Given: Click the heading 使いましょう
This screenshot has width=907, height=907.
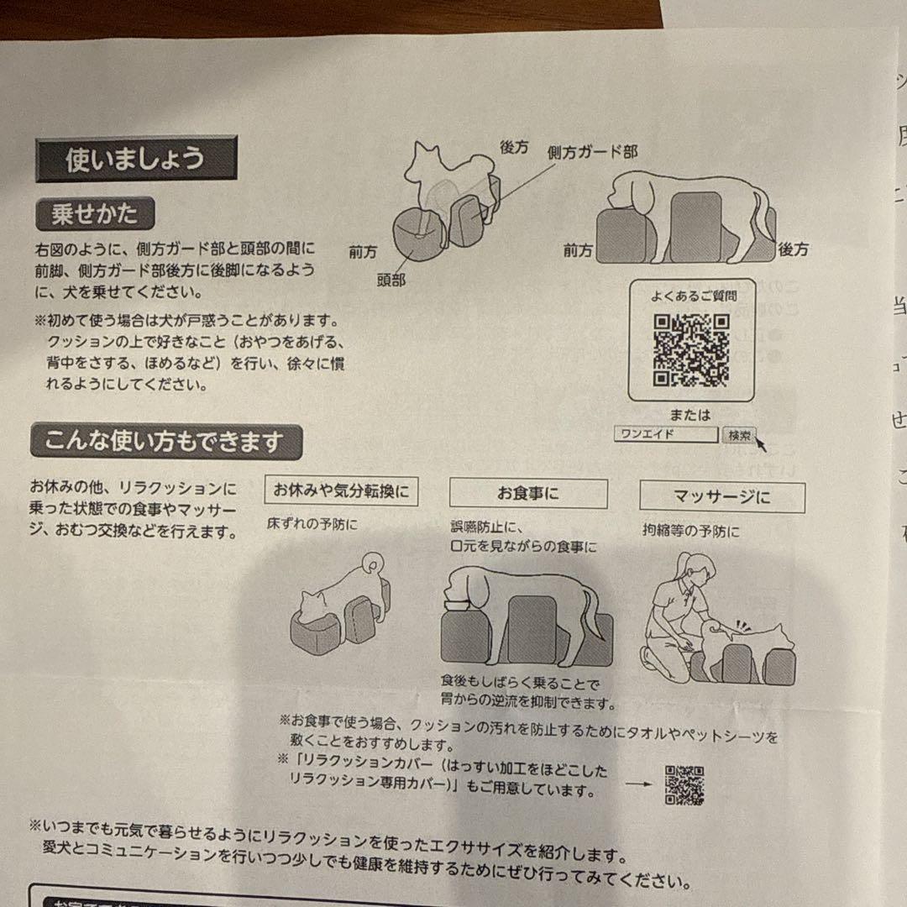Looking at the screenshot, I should point(135,160).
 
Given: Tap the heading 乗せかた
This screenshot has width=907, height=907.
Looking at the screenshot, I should point(95,215).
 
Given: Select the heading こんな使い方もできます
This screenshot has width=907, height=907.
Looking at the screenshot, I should point(165,442).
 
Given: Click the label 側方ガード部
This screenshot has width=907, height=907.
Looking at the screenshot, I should point(591,152).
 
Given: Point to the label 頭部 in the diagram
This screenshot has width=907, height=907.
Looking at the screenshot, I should point(391,280).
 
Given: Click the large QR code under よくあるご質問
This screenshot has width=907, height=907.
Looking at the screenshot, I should point(691,350).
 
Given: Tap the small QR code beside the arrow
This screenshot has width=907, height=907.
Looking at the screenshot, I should point(684,784).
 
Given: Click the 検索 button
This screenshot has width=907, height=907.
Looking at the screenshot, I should point(738,435).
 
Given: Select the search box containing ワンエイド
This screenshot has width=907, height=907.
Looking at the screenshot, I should point(665,435).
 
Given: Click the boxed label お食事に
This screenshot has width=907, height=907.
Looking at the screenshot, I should point(528,494).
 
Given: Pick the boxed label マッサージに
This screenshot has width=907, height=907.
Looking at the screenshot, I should point(721,497).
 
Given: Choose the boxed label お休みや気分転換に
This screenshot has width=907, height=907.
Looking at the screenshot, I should point(342,491).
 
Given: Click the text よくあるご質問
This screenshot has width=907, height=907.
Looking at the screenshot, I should point(694,296).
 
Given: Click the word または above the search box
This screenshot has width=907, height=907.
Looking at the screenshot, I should point(690,415).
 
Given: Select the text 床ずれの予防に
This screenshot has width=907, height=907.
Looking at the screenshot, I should point(312,525).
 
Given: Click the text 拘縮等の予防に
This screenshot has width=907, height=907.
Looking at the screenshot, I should point(691,532).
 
